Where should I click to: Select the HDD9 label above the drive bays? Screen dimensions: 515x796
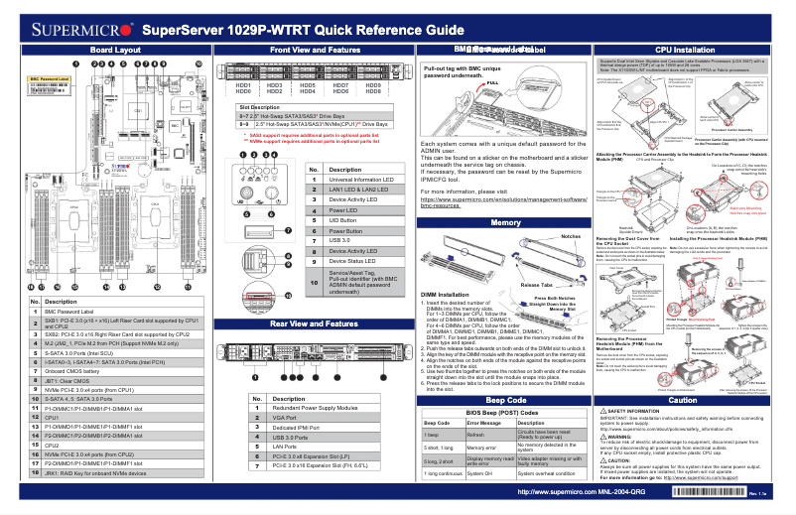[x=373, y=85]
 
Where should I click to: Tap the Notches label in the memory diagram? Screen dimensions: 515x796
[x=570, y=237]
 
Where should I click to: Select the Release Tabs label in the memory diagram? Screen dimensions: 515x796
[x=539, y=283]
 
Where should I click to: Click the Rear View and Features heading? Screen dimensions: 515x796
[x=315, y=323]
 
